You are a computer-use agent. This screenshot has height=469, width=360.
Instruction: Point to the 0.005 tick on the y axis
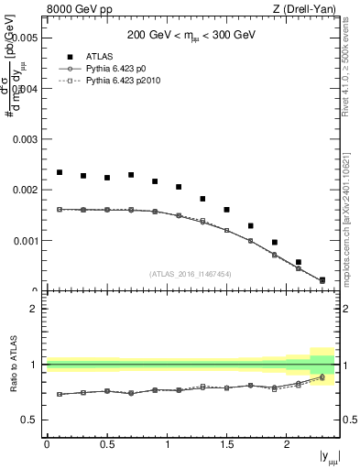(23, 38)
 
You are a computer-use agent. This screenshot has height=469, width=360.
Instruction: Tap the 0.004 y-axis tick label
(23, 89)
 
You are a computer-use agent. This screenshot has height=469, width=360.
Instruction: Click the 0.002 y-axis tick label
(23, 191)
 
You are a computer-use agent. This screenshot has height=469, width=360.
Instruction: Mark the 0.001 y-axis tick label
(23, 241)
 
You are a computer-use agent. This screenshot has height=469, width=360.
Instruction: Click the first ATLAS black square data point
(60, 172)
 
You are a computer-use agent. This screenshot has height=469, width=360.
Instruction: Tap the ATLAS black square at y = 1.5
(227, 210)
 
